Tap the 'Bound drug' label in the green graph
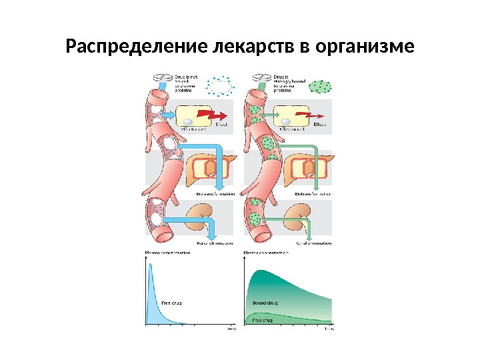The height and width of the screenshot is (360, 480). tap(265, 303)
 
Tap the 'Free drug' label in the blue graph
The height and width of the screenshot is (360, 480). tap(172, 303)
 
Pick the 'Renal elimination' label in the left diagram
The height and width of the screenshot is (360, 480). tap(215, 243)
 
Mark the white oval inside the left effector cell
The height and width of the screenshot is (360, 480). tap(189, 121)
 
